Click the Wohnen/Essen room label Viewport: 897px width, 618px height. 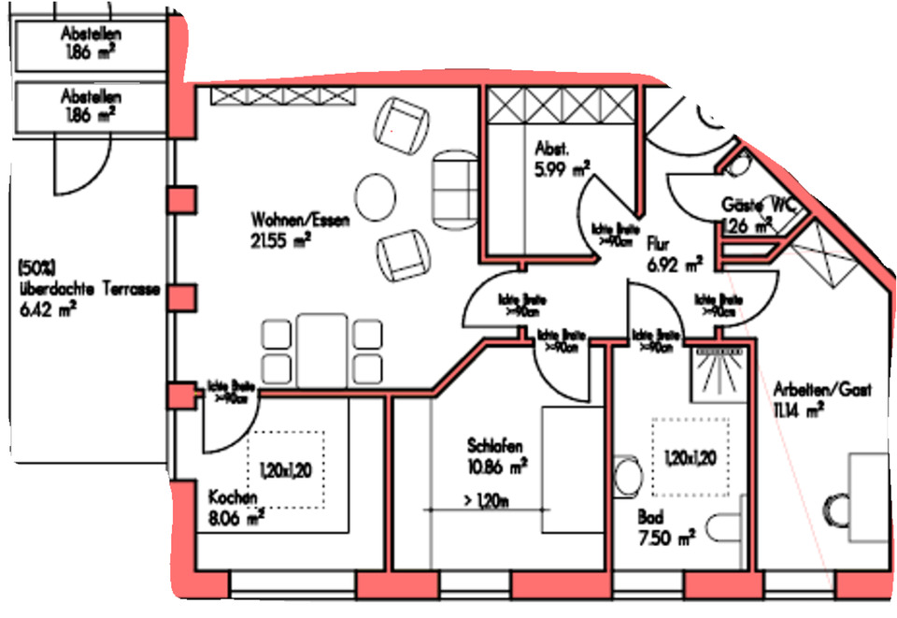(x=287, y=221)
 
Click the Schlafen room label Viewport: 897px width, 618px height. (x=494, y=445)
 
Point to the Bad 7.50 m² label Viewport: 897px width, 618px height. (x=665, y=528)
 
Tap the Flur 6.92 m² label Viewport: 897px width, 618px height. (x=674, y=254)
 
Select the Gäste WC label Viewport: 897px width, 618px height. (x=755, y=205)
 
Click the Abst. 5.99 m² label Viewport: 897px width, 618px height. (x=562, y=160)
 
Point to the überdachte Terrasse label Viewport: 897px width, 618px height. (x=90, y=291)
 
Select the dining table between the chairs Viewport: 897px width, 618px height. (x=323, y=347)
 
